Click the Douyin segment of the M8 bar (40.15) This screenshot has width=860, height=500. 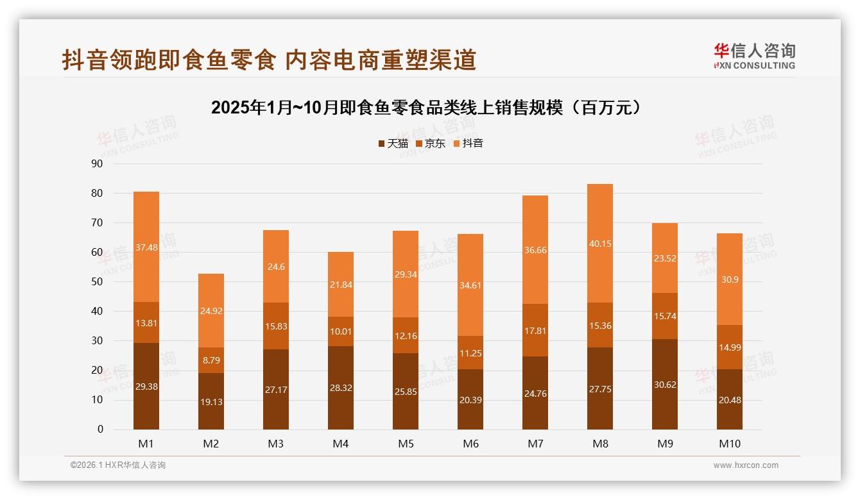(599, 243)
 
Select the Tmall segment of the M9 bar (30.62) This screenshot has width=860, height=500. (664, 384)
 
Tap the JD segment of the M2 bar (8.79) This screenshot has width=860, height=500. (211, 360)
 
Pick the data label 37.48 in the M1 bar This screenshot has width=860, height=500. (146, 247)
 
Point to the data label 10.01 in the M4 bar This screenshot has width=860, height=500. (341, 331)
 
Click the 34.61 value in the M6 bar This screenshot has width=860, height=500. (470, 285)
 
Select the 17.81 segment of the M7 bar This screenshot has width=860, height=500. (535, 330)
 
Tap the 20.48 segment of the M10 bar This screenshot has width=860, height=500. (729, 399)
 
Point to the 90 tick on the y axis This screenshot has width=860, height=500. (97, 163)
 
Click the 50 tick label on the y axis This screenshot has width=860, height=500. (97, 281)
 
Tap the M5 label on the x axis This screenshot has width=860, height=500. (406, 444)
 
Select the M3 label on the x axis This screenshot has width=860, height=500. (276, 444)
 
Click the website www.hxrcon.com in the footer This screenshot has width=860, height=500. (746, 465)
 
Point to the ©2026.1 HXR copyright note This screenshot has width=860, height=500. (118, 465)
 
